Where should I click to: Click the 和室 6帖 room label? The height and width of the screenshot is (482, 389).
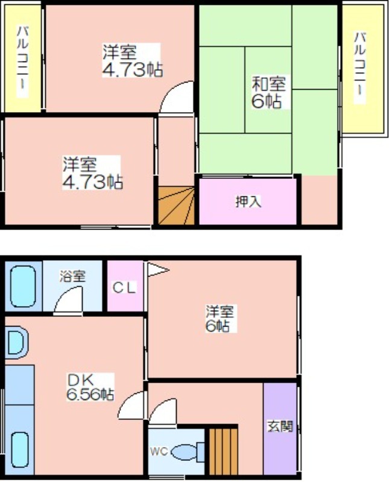tap(268, 92)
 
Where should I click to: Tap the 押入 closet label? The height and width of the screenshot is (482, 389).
tap(248, 202)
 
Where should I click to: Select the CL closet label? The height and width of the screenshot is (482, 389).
tap(124, 288)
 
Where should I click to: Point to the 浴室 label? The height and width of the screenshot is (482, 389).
tap(72, 276)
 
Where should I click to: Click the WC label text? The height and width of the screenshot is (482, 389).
tap(159, 451)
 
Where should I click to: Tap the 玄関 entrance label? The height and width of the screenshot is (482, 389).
tap(280, 426)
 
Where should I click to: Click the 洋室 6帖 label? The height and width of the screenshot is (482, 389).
tap(220, 318)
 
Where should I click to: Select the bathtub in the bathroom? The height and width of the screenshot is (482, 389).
tap(23, 286)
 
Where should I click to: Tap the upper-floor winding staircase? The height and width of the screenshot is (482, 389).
tap(176, 205)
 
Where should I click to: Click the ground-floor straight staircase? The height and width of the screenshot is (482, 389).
tap(223, 451)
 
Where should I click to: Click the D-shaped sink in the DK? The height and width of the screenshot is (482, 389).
tap(16, 342)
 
